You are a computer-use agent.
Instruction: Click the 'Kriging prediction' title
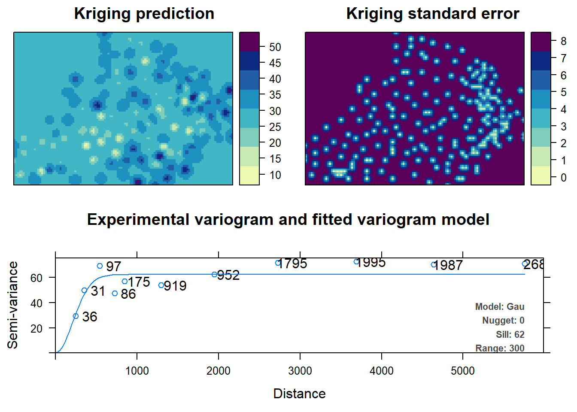click(144, 14)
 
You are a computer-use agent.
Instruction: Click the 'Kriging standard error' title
click(432, 14)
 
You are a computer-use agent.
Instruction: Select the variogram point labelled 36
click(76, 316)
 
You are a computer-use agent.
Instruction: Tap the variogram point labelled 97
click(100, 266)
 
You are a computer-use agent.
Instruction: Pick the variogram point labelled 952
click(214, 275)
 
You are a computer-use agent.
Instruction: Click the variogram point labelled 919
click(161, 285)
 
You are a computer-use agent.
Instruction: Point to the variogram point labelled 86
click(115, 294)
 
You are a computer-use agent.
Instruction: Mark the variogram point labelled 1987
click(434, 265)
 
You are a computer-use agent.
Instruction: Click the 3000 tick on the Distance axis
click(300, 370)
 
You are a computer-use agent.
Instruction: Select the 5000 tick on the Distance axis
click(462, 370)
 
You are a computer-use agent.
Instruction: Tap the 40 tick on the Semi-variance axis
click(36, 303)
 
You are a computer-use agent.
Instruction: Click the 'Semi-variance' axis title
click(13, 305)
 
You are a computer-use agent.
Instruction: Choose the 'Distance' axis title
click(299, 394)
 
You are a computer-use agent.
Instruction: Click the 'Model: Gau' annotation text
click(499, 307)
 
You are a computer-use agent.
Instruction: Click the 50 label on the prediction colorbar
click(275, 47)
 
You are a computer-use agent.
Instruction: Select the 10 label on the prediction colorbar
click(275, 175)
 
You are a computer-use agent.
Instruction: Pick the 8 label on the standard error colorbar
click(563, 41)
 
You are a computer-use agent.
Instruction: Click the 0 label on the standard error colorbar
click(563, 177)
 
